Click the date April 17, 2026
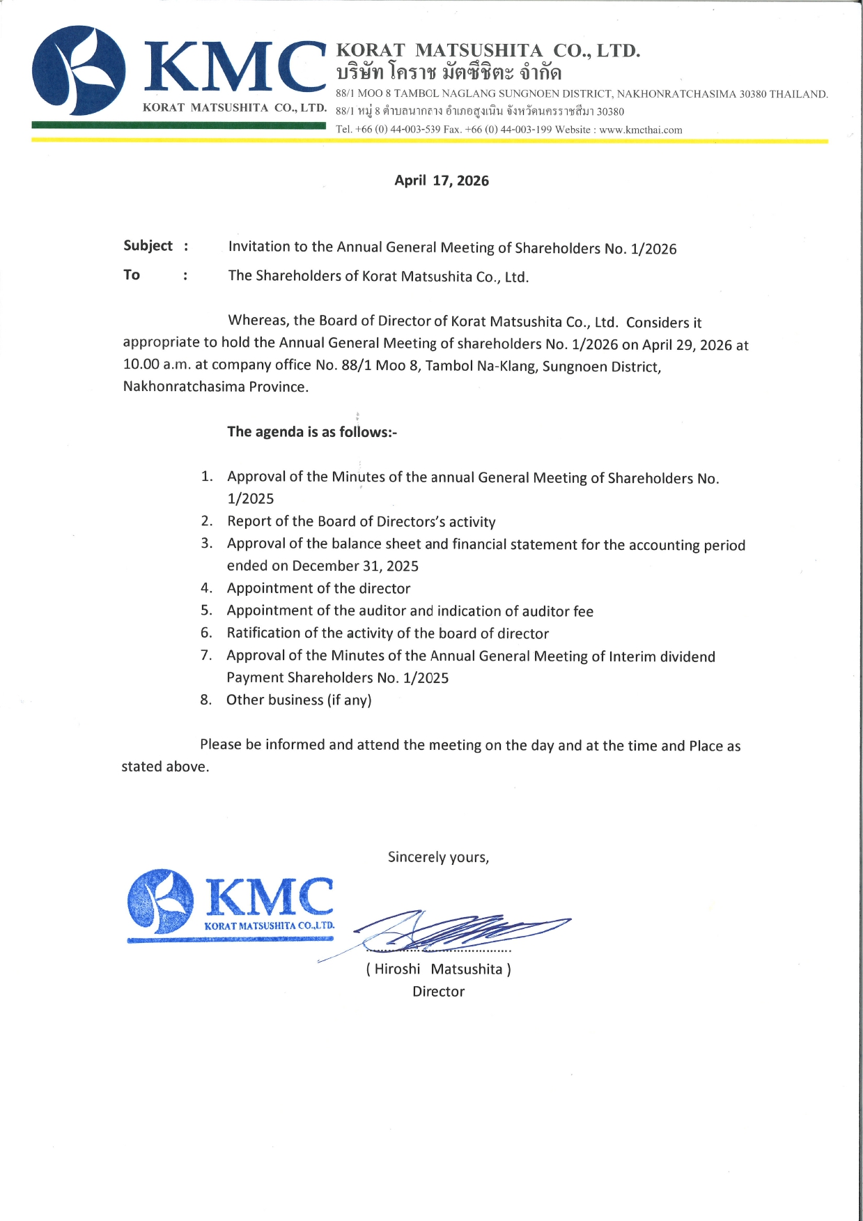pyautogui.click(x=442, y=181)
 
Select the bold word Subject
pyautogui.click(x=148, y=246)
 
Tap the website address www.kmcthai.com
pyautogui.click(x=640, y=130)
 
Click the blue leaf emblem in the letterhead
pyautogui.click(x=78, y=70)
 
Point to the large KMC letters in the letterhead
pyautogui.click(x=235, y=68)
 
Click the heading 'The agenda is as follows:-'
pyautogui.click(x=312, y=432)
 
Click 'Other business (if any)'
pyautogui.click(x=299, y=700)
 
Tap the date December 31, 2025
pyautogui.click(x=355, y=566)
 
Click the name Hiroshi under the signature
pyautogui.click(x=397, y=969)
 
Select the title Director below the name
pyautogui.click(x=438, y=991)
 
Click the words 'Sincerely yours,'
pyautogui.click(x=438, y=857)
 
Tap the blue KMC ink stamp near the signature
pyautogui.click(x=231, y=904)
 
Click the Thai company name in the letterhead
pyautogui.click(x=449, y=72)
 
